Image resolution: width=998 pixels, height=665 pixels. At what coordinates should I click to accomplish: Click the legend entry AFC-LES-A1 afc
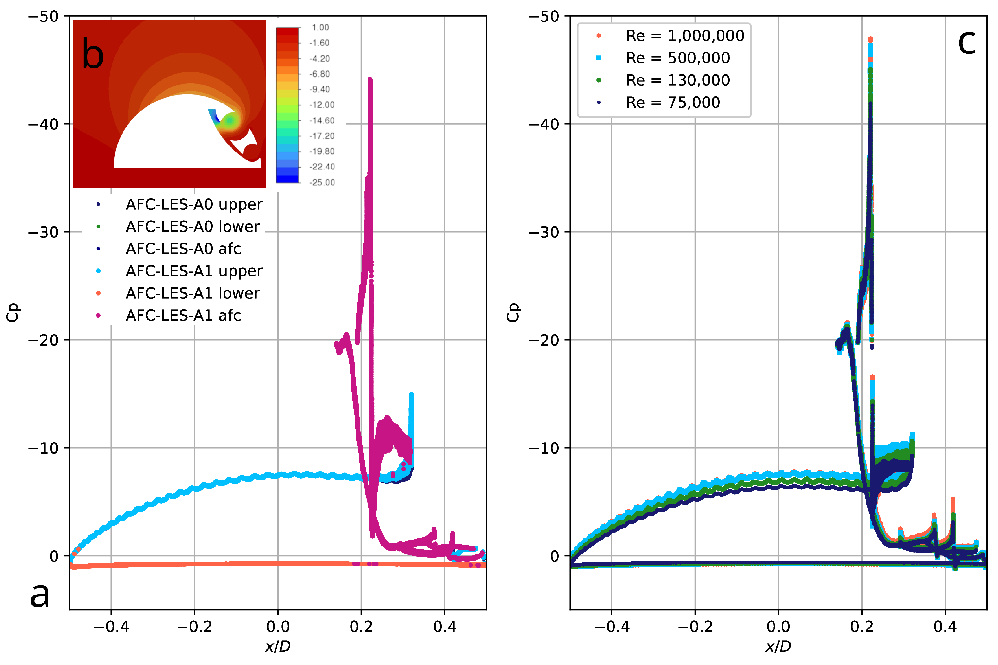click(183, 316)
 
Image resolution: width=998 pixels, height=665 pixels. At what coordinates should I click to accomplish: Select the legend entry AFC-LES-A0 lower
click(192, 226)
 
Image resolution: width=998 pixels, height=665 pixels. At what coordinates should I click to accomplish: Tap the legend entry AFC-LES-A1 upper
click(194, 271)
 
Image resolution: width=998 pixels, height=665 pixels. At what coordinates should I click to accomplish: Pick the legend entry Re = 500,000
click(678, 58)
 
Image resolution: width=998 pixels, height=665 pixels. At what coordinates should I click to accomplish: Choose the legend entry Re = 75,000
click(672, 102)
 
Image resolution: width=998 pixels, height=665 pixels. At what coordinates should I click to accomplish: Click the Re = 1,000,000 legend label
click(685, 36)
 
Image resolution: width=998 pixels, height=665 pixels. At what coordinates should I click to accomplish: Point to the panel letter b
click(93, 54)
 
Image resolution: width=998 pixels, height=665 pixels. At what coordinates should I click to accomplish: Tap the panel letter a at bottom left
click(39, 594)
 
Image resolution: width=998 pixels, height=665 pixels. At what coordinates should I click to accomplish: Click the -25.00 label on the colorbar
click(322, 182)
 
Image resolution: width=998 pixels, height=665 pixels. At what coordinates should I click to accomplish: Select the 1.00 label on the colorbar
click(320, 28)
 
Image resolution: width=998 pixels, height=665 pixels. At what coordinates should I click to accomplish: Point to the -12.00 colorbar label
click(322, 105)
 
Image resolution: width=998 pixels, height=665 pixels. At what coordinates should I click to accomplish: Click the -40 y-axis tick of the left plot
click(43, 124)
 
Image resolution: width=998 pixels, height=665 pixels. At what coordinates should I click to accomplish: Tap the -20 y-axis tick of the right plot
click(544, 340)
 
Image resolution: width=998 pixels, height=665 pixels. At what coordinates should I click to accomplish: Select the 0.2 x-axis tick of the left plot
click(361, 627)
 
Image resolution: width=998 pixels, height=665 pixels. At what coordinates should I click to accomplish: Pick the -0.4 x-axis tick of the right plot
click(611, 627)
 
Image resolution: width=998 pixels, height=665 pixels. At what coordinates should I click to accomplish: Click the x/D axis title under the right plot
click(778, 646)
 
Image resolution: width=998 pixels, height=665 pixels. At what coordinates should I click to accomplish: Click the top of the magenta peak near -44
click(370, 80)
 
